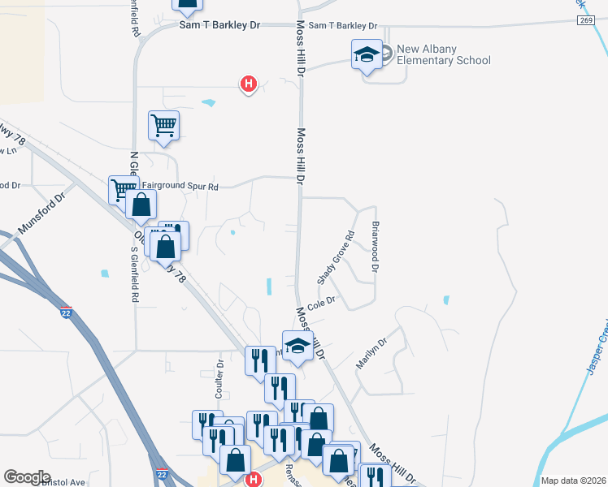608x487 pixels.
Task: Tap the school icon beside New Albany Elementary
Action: [367, 54]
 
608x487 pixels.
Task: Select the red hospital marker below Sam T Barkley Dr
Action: [249, 83]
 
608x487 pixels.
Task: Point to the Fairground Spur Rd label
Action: [179, 186]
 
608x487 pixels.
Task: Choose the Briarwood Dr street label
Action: [376, 246]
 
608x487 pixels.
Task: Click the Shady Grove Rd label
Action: [336, 257]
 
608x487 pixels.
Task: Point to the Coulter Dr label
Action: [220, 374]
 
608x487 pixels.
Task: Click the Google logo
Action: [27, 477]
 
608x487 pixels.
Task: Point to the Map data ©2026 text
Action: [573, 481]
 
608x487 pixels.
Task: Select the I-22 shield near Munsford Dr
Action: [64, 311]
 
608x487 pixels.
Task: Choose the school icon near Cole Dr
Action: [297, 346]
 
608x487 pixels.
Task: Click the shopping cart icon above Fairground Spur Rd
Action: [163, 126]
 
